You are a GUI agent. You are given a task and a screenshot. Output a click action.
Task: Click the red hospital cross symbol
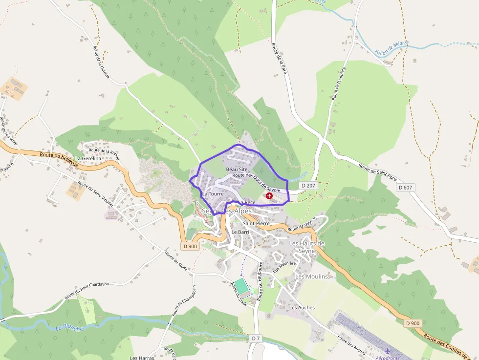[x=269, y=195]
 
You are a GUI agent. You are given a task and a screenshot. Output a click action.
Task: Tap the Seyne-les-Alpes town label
[x=229, y=211]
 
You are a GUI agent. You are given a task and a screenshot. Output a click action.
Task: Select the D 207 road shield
[x=309, y=186]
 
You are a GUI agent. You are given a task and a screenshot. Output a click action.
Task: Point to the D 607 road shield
[x=406, y=188]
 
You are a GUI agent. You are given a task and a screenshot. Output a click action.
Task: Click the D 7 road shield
[x=256, y=338]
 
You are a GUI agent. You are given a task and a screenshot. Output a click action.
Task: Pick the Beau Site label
[x=237, y=169]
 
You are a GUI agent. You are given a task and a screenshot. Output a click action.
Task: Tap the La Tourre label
[x=213, y=194]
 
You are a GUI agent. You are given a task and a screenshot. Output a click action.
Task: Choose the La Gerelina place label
[x=88, y=159]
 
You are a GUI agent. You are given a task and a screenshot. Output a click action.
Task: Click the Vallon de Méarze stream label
[x=392, y=48]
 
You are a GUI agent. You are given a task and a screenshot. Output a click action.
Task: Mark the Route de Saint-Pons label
[x=378, y=173]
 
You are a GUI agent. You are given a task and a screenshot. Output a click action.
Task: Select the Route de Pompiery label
[x=339, y=84]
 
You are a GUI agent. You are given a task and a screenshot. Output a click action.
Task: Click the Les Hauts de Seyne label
[x=307, y=247]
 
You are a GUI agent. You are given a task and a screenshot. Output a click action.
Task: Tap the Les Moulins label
[x=311, y=276]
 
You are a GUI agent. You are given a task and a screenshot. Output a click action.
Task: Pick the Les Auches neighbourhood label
[x=302, y=308]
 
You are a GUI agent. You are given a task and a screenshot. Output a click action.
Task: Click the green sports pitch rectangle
[x=241, y=287]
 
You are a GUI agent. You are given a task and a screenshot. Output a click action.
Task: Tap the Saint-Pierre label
[x=260, y=223]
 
